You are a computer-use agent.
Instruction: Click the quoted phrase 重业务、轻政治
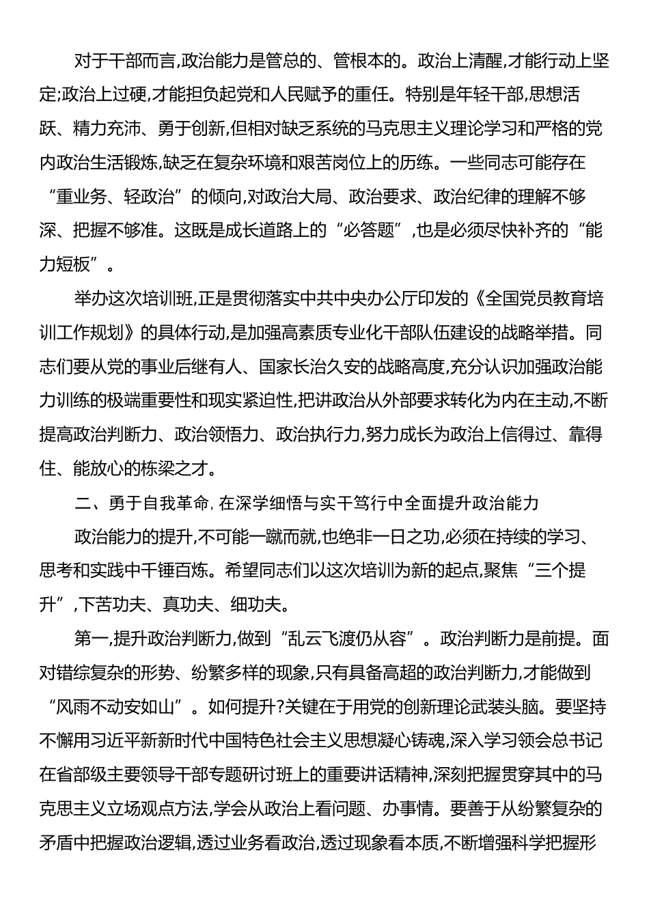pyautogui.click(x=120, y=197)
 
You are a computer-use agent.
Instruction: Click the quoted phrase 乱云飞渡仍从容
pyautogui.click(x=352, y=639)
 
